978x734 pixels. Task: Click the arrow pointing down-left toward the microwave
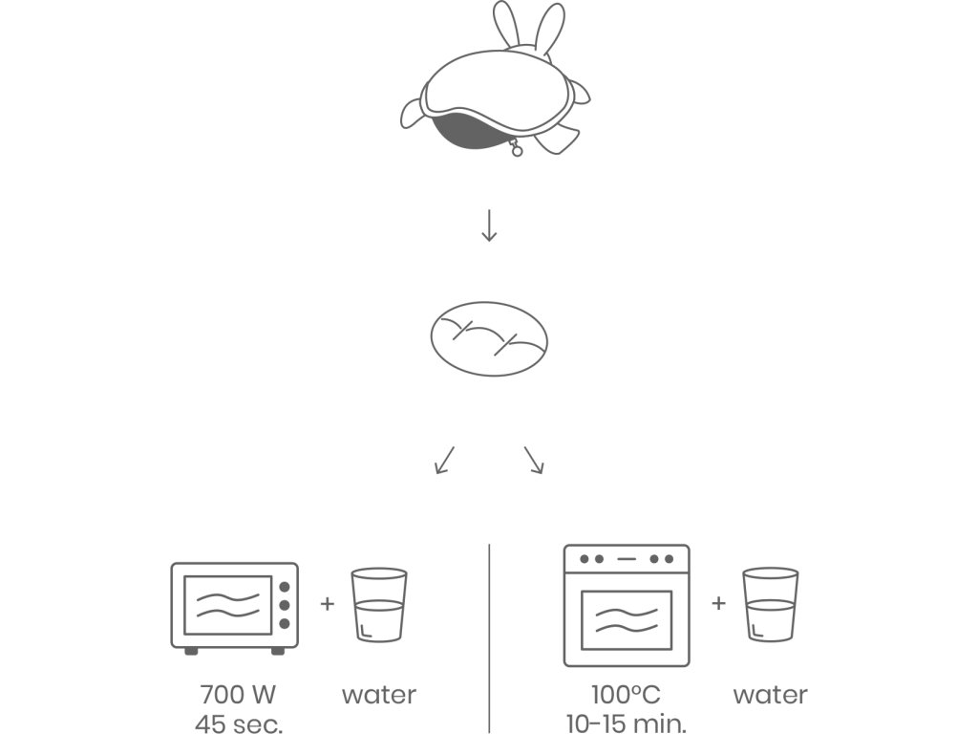[444, 459]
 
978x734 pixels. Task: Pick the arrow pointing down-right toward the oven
[534, 459]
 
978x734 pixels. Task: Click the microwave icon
[234, 607]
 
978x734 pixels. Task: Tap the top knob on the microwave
[285, 587]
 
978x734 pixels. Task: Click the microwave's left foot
[191, 651]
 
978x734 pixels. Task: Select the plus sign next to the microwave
[328, 604]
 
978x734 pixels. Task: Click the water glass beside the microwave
[379, 606]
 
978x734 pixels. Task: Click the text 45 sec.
[239, 723]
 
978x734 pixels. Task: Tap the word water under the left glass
[379, 695]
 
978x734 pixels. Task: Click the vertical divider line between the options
[489, 636]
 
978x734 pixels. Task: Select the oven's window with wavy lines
[626, 618]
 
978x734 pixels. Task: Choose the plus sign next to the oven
[718, 604]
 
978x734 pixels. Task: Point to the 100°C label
[626, 695]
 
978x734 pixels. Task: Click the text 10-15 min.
[626, 723]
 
